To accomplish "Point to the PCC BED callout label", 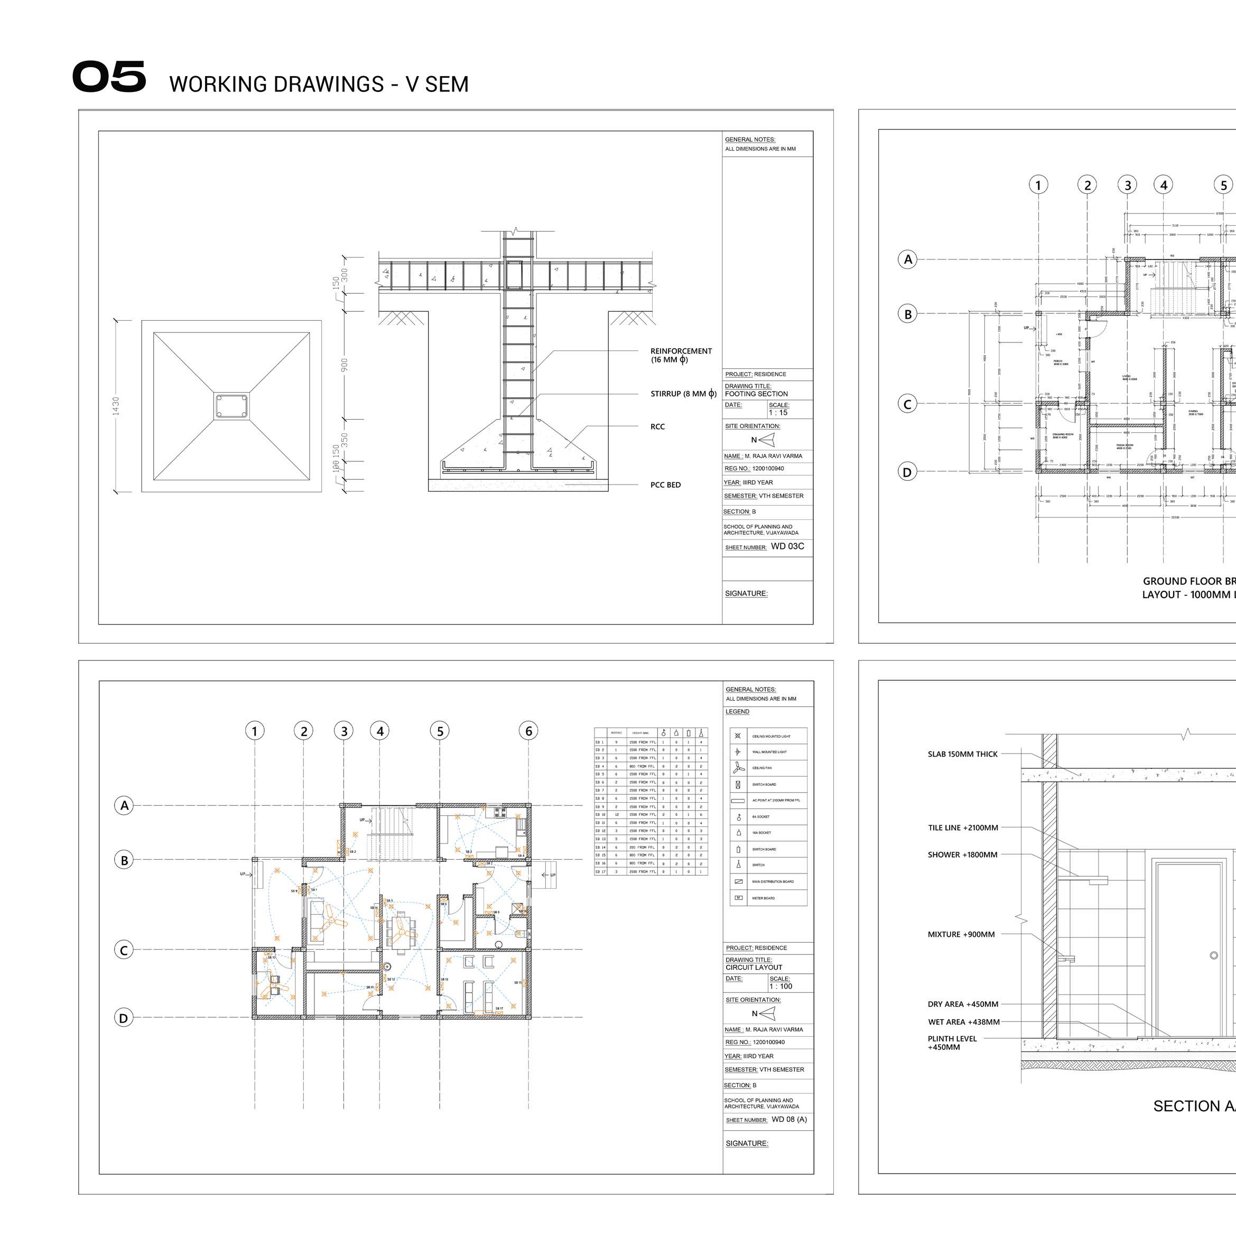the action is click(665, 485).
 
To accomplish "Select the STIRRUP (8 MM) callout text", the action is click(683, 394).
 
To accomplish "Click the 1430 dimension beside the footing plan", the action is click(116, 406).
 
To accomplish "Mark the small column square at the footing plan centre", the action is click(231, 406).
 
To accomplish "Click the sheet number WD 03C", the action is click(787, 546).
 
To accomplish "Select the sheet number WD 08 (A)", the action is click(789, 1120).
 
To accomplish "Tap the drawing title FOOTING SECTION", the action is click(756, 394).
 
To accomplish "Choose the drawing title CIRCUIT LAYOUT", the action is click(754, 968).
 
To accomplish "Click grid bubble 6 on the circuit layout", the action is click(528, 731).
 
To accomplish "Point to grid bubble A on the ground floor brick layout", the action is click(907, 260).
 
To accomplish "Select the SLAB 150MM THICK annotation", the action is click(962, 754).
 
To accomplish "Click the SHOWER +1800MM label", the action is click(962, 854).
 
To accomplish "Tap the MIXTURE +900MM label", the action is click(961, 935).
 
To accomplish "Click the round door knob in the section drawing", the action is click(1214, 956).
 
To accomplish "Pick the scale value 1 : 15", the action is click(778, 413).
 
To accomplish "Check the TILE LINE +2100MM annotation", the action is click(963, 828).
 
